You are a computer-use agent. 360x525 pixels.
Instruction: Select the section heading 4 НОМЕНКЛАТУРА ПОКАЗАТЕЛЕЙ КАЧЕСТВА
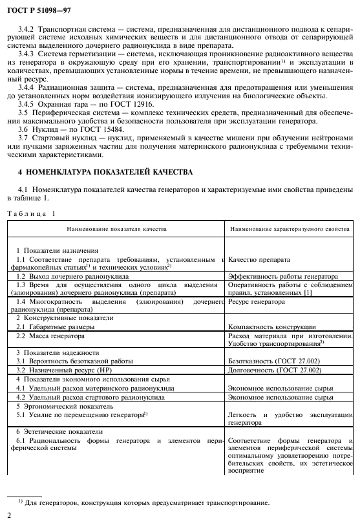coord(105,173)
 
